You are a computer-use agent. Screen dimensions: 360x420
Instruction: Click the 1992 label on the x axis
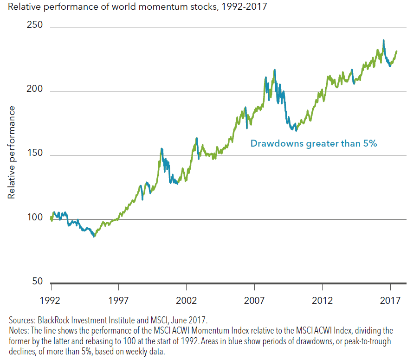[50, 300]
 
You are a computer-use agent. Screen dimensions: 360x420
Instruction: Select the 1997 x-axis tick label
[118, 300]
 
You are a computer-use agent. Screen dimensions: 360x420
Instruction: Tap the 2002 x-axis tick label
[187, 300]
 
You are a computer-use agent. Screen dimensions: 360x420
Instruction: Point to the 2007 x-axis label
[254, 300]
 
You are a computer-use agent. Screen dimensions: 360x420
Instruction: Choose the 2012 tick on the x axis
[323, 300]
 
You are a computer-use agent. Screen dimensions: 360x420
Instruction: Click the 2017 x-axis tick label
[390, 300]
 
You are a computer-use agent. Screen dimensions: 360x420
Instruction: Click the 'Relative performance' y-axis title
[12, 152]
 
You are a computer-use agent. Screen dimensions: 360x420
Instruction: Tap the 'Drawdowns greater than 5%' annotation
[314, 143]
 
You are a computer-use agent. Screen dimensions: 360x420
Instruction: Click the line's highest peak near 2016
[383, 40]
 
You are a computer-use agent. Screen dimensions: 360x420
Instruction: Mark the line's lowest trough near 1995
[94, 237]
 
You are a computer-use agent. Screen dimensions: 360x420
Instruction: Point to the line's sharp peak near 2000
[162, 148]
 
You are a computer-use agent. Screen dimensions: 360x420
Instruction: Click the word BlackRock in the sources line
[53, 320]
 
